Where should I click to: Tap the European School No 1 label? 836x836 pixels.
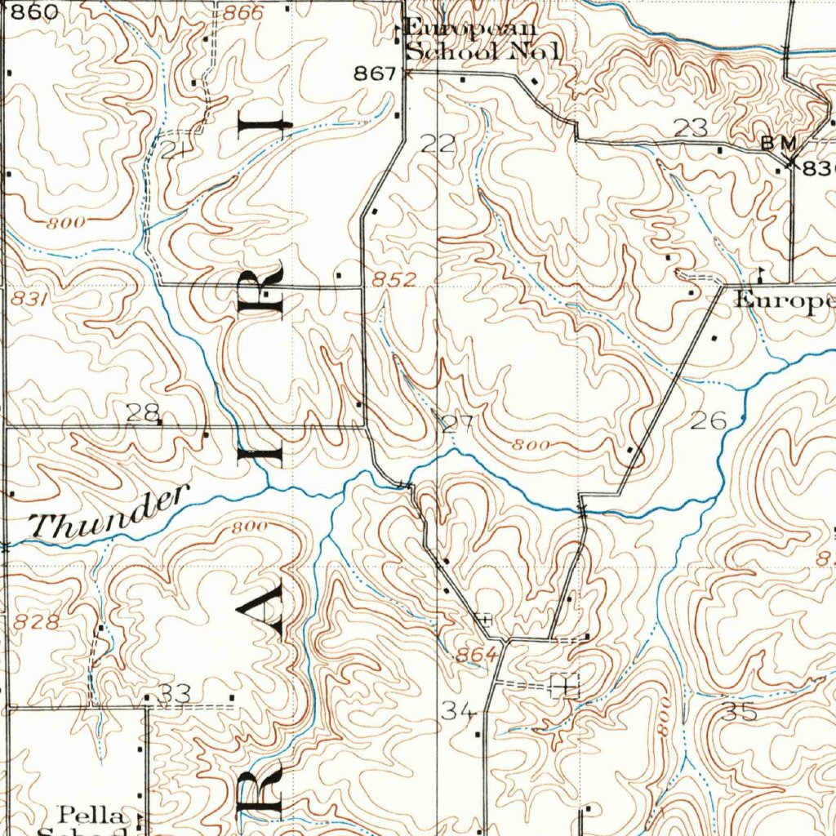[x=482, y=39]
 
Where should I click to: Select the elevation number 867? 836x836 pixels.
[x=374, y=73]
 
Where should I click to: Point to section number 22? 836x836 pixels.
[x=438, y=144]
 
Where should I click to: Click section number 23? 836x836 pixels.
[x=691, y=127]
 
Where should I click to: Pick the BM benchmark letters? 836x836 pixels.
[x=778, y=142]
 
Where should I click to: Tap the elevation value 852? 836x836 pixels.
[x=395, y=279]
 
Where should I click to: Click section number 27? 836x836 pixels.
[x=457, y=423]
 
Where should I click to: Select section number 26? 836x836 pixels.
[x=708, y=420]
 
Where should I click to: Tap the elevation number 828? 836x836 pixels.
[x=36, y=622]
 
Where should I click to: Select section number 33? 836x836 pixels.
[x=175, y=694]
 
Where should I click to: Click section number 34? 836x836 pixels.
[x=458, y=712]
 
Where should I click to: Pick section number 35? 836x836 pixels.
[x=740, y=711]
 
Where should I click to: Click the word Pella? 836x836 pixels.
[x=91, y=815]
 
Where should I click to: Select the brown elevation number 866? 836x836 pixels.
[x=242, y=12]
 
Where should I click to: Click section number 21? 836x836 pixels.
[x=173, y=149]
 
